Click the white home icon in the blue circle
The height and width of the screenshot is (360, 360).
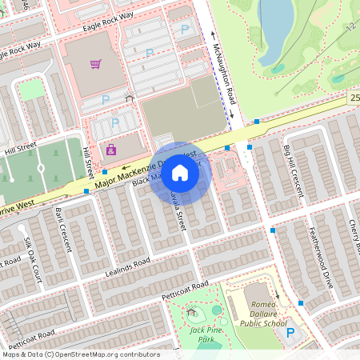(180, 173)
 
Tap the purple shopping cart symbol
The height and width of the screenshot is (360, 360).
(97, 63)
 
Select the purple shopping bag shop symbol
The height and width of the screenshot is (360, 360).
(111, 149)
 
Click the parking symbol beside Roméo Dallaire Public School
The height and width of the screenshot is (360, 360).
(290, 333)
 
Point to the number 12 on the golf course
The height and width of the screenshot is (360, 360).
(350, 26)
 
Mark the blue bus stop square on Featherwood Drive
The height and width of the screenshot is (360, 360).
(301, 303)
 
